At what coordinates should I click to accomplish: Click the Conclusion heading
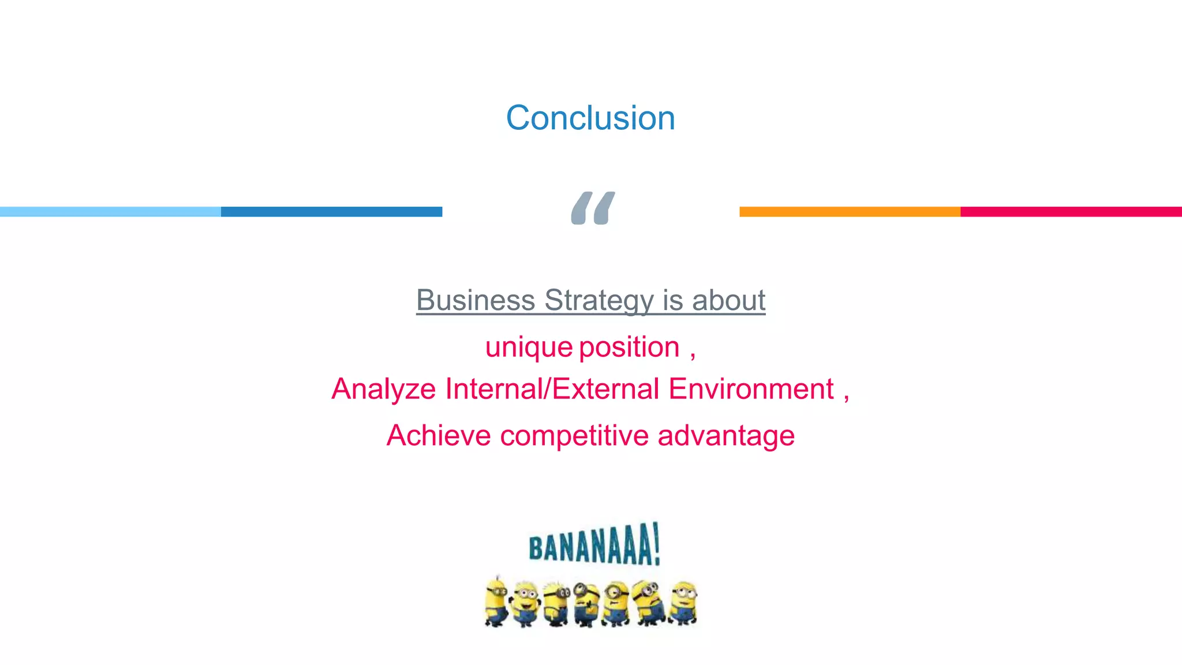click(590, 118)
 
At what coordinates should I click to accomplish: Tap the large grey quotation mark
click(593, 208)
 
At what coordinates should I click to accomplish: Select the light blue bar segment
click(110, 212)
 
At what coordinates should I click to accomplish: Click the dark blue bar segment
click(331, 212)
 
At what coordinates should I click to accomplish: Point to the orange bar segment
click(850, 212)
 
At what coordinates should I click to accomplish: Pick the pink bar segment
click(1071, 212)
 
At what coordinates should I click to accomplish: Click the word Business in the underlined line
click(476, 300)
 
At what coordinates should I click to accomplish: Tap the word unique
click(529, 348)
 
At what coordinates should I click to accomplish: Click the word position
click(629, 348)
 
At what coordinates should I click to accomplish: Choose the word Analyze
click(383, 389)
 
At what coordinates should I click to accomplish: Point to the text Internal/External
click(552, 389)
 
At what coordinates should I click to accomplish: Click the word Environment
click(751, 389)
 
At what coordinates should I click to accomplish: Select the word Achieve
click(439, 435)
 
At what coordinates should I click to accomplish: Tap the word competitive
click(574, 435)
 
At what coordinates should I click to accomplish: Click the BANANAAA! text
click(594, 545)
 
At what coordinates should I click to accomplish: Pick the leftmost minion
click(496, 602)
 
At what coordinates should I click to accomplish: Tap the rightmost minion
click(684, 603)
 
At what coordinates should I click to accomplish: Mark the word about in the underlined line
click(728, 300)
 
